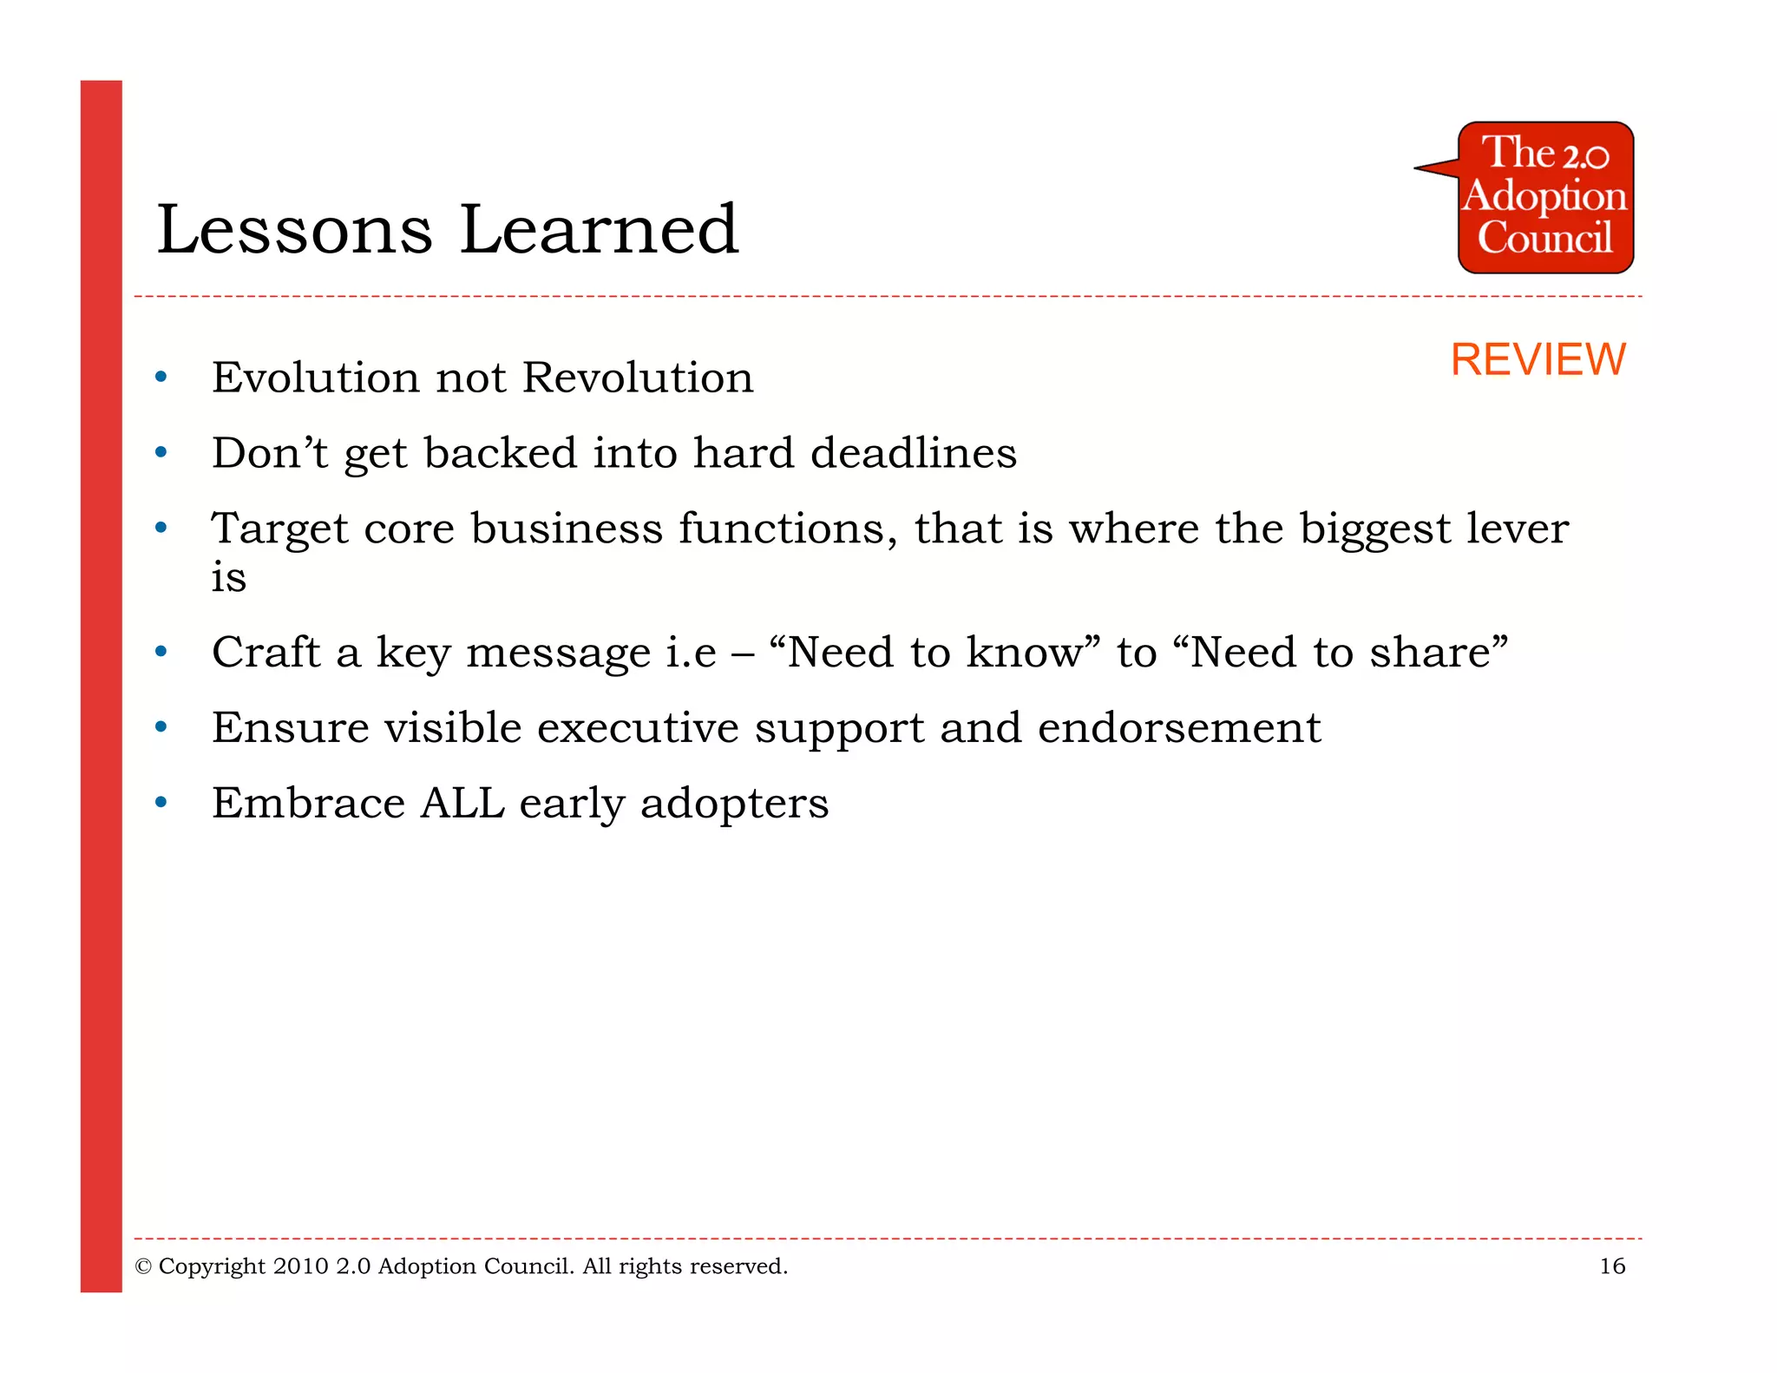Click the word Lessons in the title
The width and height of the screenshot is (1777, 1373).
[294, 229]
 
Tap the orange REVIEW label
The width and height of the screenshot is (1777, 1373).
[1538, 359]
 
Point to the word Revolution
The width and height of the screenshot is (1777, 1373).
[638, 378]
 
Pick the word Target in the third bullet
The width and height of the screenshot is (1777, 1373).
[279, 529]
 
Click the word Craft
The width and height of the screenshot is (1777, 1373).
[266, 652]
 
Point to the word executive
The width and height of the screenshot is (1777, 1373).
[637, 728]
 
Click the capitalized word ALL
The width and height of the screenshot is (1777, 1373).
[462, 803]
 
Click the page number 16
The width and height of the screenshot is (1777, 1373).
[1611, 1266]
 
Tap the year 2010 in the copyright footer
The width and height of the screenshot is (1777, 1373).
[300, 1266]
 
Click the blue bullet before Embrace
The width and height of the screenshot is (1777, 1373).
[161, 803]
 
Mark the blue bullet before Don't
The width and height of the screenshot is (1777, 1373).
[161, 453]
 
